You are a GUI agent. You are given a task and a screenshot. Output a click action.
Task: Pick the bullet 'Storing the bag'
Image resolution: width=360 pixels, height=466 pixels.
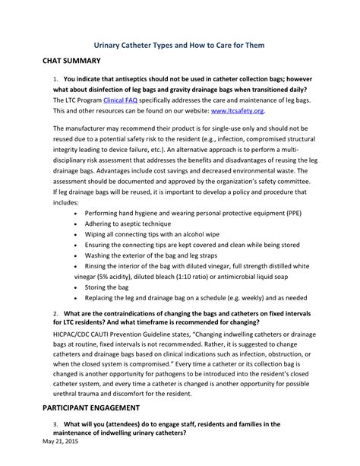(108, 287)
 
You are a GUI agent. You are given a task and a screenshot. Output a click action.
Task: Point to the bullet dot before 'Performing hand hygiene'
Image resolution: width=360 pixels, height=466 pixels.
(76, 214)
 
